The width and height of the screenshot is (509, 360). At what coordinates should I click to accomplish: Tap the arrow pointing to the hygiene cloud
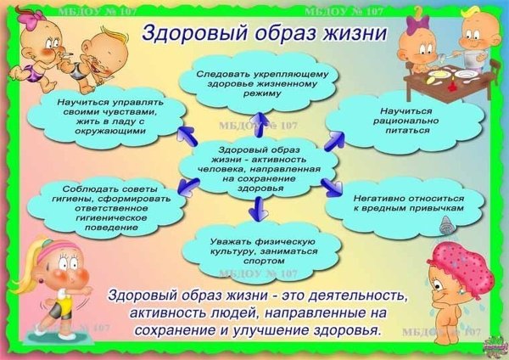[x=182, y=192]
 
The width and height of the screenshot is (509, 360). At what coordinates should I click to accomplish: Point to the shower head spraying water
[x=445, y=224]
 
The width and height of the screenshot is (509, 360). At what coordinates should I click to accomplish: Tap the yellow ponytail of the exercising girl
[x=21, y=255]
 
